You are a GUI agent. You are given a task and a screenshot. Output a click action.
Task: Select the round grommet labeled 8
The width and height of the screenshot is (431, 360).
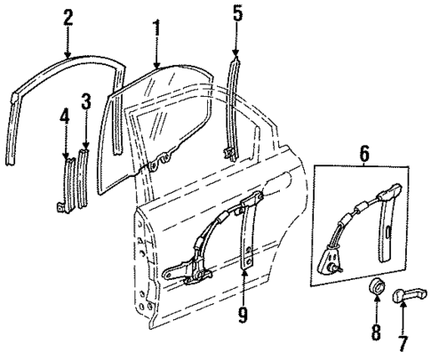coord(375,288)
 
